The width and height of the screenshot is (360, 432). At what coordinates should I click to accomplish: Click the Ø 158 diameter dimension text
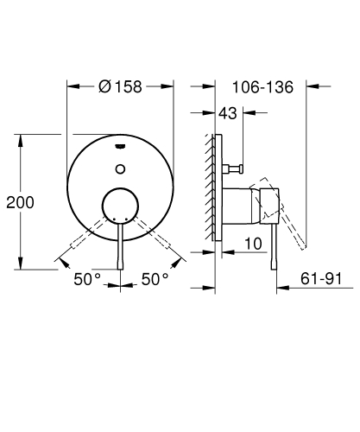click(121, 86)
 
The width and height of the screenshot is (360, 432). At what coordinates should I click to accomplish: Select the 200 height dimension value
click(19, 202)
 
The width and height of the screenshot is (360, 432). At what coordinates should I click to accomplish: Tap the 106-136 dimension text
click(264, 86)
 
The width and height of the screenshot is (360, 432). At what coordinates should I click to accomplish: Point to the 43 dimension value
click(229, 114)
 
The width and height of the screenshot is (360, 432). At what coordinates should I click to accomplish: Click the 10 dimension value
click(252, 245)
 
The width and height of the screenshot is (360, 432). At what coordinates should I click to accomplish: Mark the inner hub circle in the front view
click(120, 208)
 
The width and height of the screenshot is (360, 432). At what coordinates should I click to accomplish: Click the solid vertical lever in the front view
click(120, 246)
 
